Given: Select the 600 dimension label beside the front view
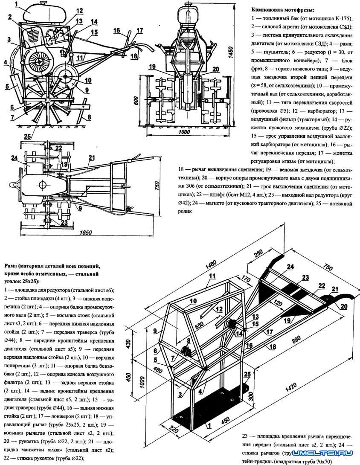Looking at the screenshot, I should (x=136, y=102).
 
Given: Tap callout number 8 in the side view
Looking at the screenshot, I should (x=88, y=118).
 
